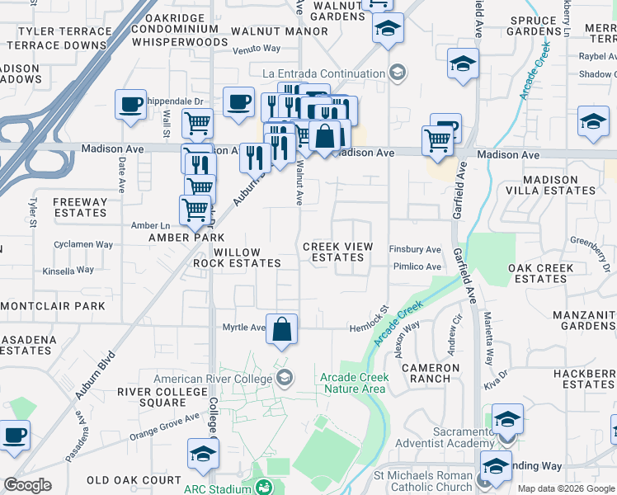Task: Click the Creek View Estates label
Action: tap(338, 252)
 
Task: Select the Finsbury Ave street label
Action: tap(416, 249)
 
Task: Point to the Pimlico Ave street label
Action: tap(417, 266)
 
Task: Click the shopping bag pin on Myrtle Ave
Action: tap(282, 329)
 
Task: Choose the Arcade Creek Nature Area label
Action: tap(352, 382)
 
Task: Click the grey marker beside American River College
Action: tap(285, 379)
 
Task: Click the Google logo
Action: tap(28, 485)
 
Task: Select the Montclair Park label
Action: tap(53, 305)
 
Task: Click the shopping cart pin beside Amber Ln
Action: tap(195, 210)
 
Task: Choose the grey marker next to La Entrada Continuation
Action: tap(398, 73)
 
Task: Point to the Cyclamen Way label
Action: tap(83, 245)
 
